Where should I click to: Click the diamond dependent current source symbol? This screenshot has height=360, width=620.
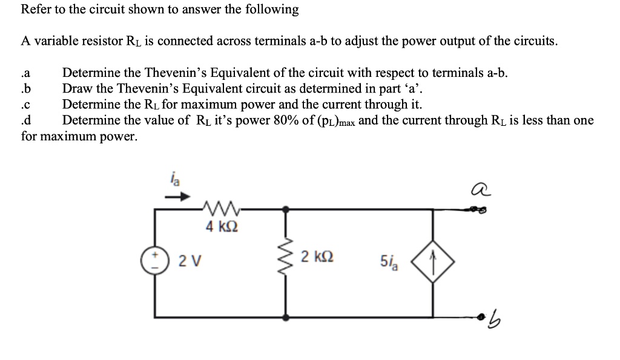432,261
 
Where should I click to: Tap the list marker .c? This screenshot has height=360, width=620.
26,105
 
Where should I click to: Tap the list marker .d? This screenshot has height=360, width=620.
26,120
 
